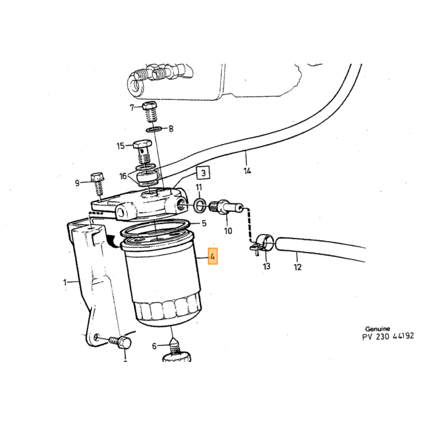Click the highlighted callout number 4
[212, 256]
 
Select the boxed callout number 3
[203, 172]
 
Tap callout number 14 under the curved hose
[247, 171]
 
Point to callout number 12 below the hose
[297, 267]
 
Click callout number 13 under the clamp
[267, 266]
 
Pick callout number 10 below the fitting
[228, 231]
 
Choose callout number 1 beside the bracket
[65, 283]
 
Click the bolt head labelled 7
[149, 106]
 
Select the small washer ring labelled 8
[154, 130]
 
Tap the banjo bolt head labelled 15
[141, 144]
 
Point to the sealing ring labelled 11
[200, 205]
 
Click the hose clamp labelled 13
[263, 243]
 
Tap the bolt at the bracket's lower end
[120, 342]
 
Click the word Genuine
[378, 329]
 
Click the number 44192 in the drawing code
[403, 336]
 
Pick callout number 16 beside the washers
[123, 176]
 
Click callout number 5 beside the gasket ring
[204, 223]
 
